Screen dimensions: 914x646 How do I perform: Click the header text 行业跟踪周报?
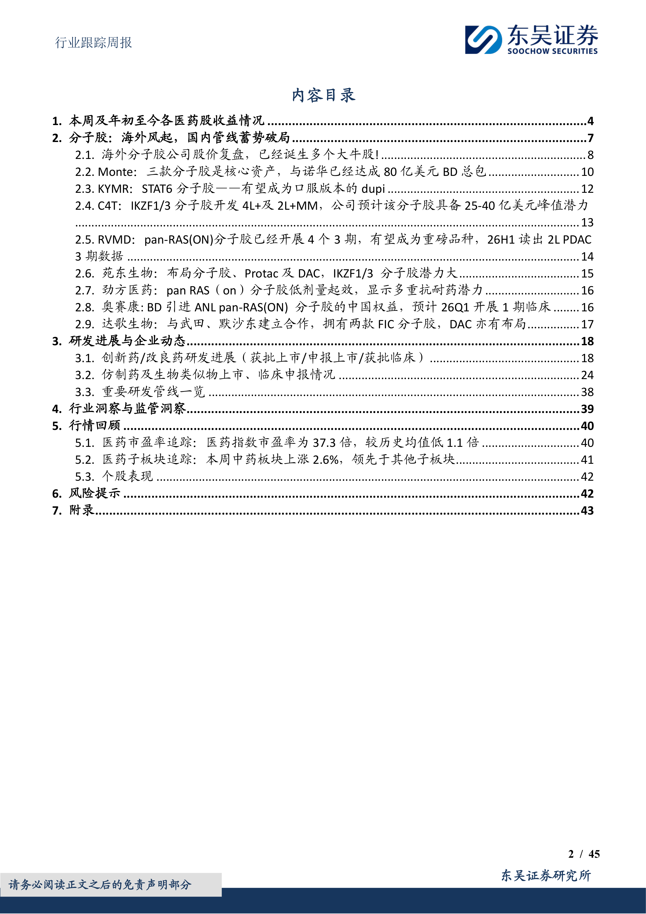pyautogui.click(x=93, y=42)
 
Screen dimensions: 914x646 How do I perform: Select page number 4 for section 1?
pyautogui.click(x=590, y=121)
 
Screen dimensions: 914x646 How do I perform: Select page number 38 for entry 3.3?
pyautogui.click(x=587, y=392)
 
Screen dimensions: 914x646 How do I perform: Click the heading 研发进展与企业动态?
pyautogui.click(x=127, y=341)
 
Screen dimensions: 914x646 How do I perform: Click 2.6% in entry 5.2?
pyautogui.click(x=326, y=460)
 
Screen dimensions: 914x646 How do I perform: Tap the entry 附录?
pyautogui.click(x=81, y=510)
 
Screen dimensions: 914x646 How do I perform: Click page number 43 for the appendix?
pyautogui.click(x=587, y=511)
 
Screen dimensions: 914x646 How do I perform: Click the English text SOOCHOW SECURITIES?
pyautogui.click(x=552, y=51)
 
